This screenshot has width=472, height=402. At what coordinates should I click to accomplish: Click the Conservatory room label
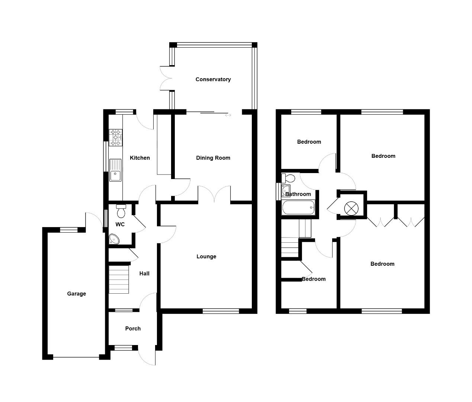[x=213, y=79]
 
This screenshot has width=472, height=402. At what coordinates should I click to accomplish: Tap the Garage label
[x=76, y=294]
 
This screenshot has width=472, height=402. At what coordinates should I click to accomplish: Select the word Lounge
[x=206, y=256]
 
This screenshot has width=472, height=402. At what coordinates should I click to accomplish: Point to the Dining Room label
[x=213, y=158]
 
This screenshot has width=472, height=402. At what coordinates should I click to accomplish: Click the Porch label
[x=133, y=329]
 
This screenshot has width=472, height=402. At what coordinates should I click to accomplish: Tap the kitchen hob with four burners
[x=115, y=137]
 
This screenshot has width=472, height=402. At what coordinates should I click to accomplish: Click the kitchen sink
[x=115, y=170]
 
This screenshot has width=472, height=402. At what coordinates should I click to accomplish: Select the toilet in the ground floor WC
[x=121, y=211]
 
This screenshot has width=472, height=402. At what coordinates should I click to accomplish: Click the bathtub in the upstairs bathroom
[x=298, y=208]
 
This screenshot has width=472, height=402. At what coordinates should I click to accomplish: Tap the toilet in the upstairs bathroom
[x=288, y=178]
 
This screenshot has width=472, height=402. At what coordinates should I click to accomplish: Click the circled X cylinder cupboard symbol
[x=351, y=208]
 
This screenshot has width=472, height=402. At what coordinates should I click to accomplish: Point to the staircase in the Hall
[x=119, y=279]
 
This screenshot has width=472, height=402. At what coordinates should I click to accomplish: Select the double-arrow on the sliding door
[x=228, y=115]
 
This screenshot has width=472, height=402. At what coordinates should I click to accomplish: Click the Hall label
[x=144, y=274]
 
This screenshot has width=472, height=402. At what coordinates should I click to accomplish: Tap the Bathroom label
[x=298, y=194]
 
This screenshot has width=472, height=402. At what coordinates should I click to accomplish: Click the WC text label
[x=120, y=224]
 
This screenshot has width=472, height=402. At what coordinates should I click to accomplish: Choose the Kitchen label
[x=140, y=158]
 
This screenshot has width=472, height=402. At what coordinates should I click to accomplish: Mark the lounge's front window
[x=221, y=311]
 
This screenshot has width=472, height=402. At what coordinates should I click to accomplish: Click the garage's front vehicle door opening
[x=76, y=357]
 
